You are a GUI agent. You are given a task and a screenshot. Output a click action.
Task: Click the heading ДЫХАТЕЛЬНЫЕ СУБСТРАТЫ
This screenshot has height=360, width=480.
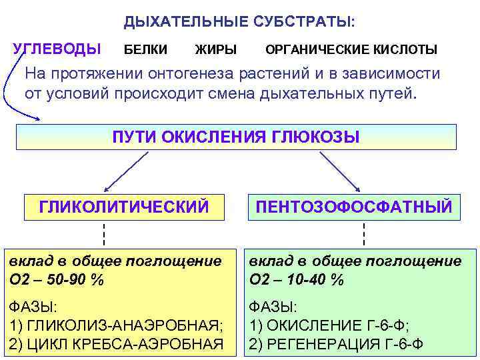[x=239, y=21]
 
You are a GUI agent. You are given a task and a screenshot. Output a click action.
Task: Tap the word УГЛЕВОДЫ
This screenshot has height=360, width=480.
[x=57, y=49]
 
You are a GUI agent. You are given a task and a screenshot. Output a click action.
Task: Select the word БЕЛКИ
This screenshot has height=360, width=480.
[x=146, y=49]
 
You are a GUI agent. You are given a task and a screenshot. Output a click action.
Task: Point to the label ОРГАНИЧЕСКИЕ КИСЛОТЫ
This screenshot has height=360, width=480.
[x=351, y=49]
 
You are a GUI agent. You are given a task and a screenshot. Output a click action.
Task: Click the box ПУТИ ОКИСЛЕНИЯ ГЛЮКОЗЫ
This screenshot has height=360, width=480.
[x=236, y=137]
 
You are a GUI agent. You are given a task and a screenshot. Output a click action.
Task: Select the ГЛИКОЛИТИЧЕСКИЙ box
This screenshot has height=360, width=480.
[x=123, y=207]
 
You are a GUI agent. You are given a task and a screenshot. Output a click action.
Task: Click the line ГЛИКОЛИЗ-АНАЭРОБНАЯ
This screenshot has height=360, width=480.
[x=115, y=325]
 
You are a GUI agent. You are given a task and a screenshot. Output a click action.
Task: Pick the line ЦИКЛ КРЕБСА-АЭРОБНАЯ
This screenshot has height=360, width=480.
[x=116, y=343]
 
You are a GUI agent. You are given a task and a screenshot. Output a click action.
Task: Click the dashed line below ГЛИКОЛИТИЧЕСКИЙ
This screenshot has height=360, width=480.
[x=104, y=235]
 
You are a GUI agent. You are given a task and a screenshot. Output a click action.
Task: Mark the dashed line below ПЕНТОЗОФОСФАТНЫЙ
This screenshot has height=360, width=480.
[x=364, y=235]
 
